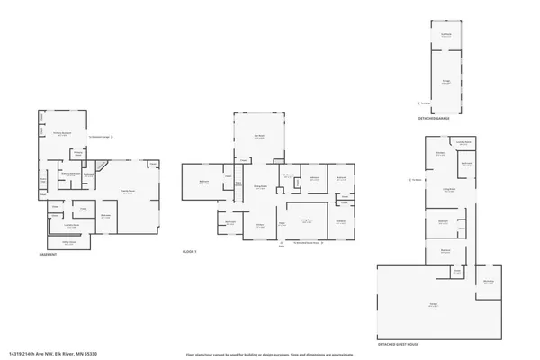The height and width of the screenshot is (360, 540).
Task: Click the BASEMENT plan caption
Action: (48, 255)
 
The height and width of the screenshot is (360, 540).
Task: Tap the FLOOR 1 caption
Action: (189, 251)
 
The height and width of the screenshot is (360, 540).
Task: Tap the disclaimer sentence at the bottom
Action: (269, 354)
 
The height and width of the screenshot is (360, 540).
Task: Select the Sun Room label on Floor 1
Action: (258, 137)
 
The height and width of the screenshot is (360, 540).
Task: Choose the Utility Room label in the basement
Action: (69, 243)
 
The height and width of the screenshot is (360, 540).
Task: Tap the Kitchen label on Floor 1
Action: (259, 227)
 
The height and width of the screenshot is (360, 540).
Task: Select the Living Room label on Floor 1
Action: (306, 220)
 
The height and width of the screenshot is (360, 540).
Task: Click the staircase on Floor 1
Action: (238, 184)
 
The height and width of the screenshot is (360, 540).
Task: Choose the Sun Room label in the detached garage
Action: (445, 35)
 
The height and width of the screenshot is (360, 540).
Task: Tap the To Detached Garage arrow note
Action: (99, 137)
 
